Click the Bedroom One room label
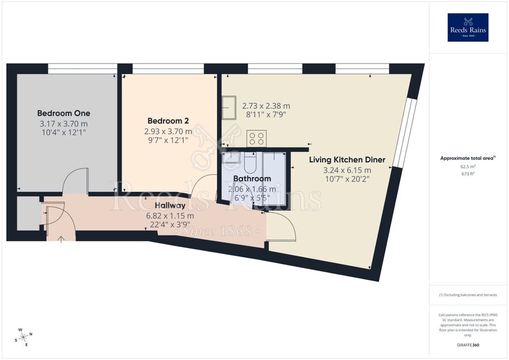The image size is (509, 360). coord(64,113)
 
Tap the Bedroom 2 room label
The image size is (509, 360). coord(168,121)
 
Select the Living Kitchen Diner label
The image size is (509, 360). coord(347,160)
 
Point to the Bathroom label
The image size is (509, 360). coord(252,178)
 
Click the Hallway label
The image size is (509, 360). coord(170,206)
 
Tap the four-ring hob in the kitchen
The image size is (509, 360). coord(257,138)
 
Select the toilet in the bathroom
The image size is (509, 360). coord(250,163)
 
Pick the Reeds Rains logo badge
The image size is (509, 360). coord(468,28)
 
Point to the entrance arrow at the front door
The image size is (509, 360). coord(61,240)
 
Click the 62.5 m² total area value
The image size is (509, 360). coord(468,167)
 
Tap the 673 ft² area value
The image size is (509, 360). coord(468,174)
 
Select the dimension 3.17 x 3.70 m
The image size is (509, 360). coord(64,124)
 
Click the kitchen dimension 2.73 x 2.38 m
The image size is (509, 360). coord(266,106)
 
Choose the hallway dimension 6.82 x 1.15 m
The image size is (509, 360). coord(170,216)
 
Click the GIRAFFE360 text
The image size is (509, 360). coord(468,345)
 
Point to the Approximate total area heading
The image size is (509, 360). coord(468,158)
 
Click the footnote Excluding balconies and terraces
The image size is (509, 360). coord(468,295)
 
